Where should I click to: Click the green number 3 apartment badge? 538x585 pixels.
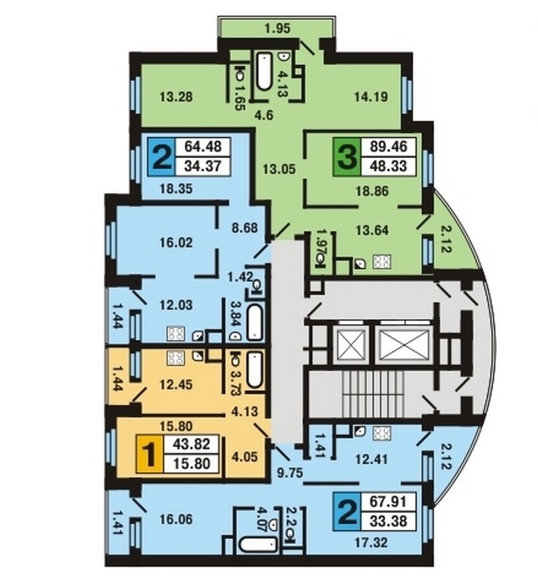pos(347,157)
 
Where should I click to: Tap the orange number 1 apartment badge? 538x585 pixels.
pos(150,454)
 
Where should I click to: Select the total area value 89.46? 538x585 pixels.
pos(388,146)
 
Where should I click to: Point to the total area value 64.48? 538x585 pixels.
pos(203,146)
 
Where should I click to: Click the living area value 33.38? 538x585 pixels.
pos(388,521)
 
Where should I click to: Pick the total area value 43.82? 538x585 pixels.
pos(192,444)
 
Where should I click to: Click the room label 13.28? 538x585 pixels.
pos(177,97)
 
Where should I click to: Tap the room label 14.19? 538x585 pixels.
pos(371,97)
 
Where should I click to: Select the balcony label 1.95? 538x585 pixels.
pos(277,28)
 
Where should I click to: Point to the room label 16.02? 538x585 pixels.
pos(177,243)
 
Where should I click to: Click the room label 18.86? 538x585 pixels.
pos(371,191)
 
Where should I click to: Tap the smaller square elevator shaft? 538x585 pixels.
pos(351,344)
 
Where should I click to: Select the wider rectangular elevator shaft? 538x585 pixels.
pos(402,344)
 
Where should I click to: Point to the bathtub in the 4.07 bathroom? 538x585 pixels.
pos(258,546)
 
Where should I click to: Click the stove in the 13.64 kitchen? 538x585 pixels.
pos(382,262)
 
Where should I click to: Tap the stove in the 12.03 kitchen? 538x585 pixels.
pos(176,333)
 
